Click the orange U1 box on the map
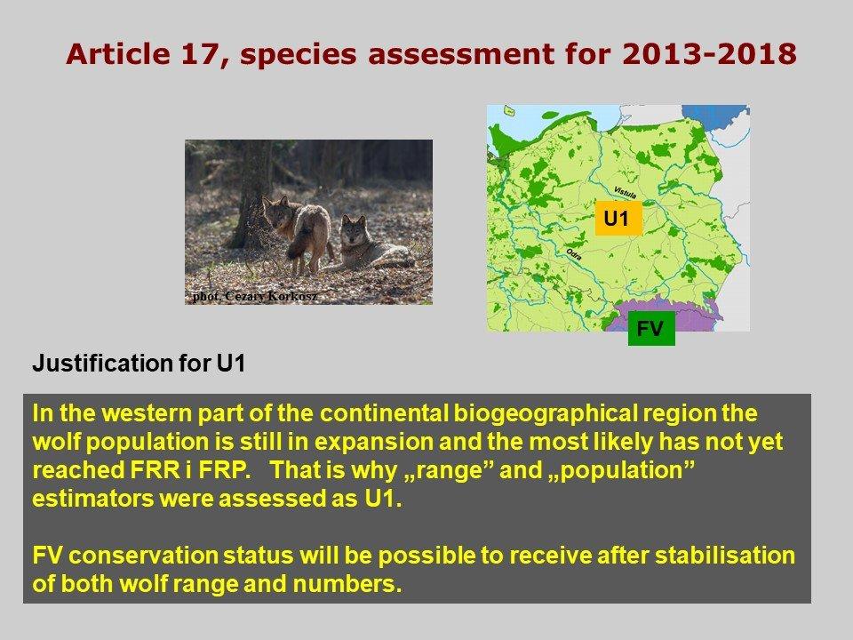pos(618,219)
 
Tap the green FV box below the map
pos(651,328)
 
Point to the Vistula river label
pos(626,193)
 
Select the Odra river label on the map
pos(574,253)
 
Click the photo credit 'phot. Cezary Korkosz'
pos(255,297)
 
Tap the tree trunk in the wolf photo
pos(251,196)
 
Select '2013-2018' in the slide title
pos(709,54)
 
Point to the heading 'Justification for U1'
pos(139,363)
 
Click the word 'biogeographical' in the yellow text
pos(545,414)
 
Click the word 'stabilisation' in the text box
pos(725,556)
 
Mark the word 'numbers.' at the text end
pos(347,584)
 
